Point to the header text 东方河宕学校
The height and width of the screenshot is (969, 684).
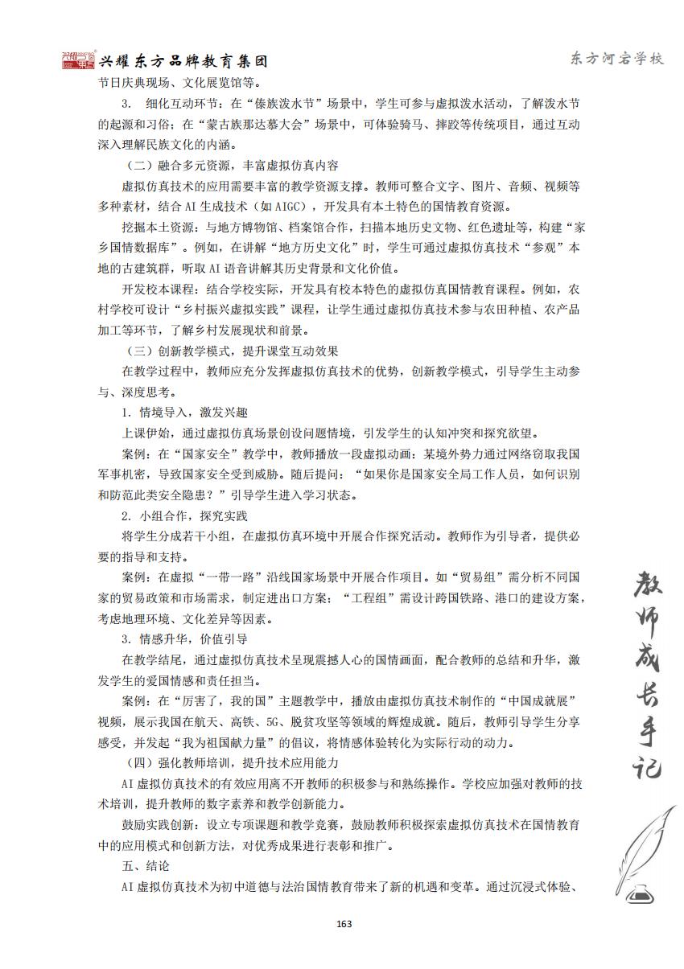[616, 60]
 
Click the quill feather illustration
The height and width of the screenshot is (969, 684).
[644, 844]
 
